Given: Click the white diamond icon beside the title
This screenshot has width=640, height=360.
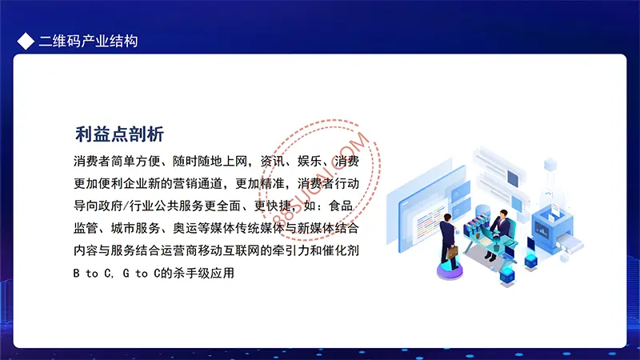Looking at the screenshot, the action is (26, 42).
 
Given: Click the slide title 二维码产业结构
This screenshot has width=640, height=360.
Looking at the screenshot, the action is (89, 42).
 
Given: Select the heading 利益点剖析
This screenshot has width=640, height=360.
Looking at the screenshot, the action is (119, 134).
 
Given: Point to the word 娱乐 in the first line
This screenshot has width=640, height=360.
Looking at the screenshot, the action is (310, 162).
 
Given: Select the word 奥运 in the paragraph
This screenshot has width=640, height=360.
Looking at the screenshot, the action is (185, 228).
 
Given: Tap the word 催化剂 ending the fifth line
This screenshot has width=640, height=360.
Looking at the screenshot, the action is (341, 250).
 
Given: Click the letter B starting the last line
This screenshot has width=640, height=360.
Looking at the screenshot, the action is (76, 273).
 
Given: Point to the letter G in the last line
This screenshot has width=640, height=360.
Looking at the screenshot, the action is (126, 273).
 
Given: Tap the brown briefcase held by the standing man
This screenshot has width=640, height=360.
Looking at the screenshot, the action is (451, 253).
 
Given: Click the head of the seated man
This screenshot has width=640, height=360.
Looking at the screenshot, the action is (504, 214).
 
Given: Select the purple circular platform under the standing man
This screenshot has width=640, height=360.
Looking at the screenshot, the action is (450, 270).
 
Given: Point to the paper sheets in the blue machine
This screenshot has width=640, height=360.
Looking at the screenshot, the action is (554, 210).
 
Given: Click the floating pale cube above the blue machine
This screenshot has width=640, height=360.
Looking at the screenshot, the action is (550, 165).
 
